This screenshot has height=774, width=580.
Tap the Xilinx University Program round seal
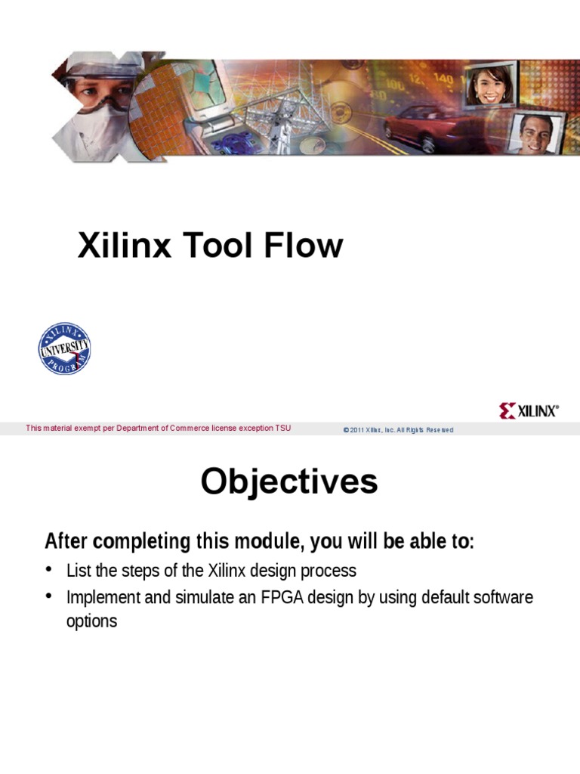(x=64, y=348)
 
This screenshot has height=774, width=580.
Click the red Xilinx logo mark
(x=507, y=411)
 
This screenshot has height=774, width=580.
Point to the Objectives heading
(x=289, y=481)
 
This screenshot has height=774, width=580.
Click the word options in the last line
(x=91, y=622)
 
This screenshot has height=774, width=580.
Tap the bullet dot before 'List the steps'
(x=49, y=568)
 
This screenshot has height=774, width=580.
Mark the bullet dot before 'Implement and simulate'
(x=49, y=596)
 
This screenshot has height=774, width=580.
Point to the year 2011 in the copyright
(x=356, y=429)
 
